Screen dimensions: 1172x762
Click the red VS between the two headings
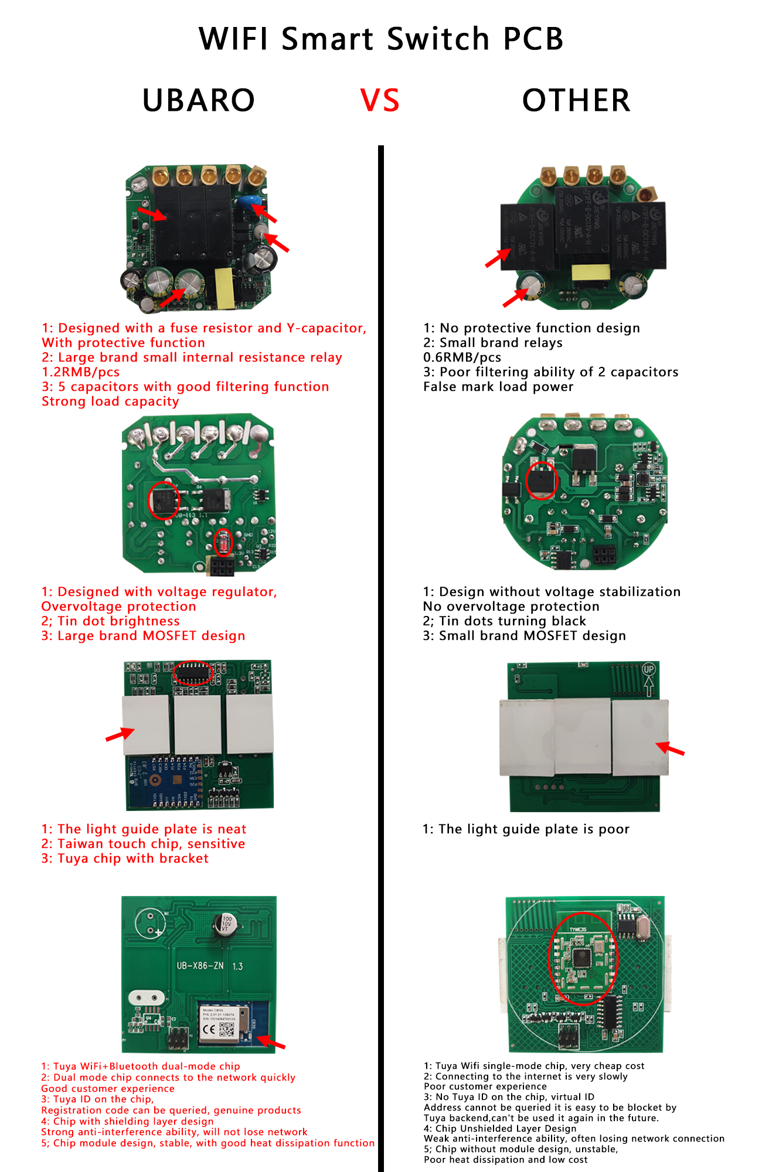(x=380, y=100)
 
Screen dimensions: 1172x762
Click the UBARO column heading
(x=199, y=100)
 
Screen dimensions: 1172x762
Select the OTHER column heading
(x=576, y=100)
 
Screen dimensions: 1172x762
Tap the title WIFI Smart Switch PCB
(x=381, y=39)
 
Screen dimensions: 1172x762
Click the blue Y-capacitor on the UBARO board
(x=247, y=203)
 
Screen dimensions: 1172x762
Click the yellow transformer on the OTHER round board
(x=590, y=272)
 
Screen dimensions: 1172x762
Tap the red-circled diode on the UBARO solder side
(x=223, y=542)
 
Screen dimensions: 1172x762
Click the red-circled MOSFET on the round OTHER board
(x=541, y=481)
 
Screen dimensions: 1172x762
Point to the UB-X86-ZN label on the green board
(x=200, y=966)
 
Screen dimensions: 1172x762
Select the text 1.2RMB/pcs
(x=81, y=372)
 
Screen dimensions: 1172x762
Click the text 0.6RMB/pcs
(x=462, y=357)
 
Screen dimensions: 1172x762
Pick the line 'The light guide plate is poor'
(x=526, y=829)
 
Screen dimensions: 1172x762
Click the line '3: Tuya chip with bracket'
(x=125, y=858)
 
